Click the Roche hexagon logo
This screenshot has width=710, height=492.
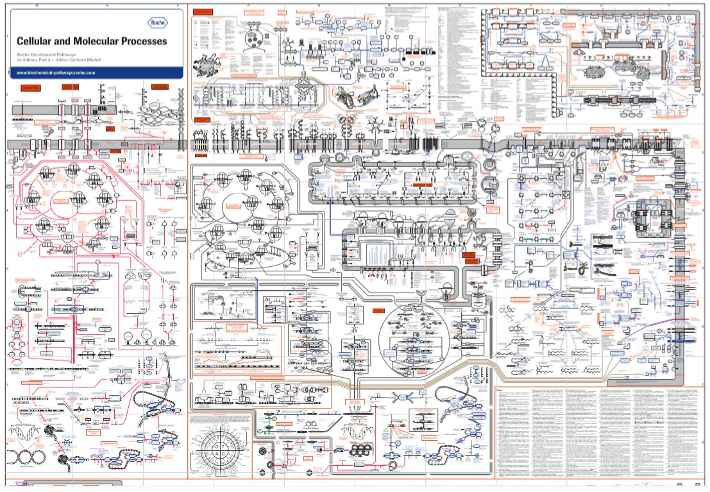click(x=156, y=22)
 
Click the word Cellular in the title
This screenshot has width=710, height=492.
click(x=38, y=41)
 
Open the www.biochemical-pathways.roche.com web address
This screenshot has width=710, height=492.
click(x=56, y=72)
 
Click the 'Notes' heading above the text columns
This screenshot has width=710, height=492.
click(x=502, y=389)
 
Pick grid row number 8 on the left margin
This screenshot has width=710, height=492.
click(x=6, y=442)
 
